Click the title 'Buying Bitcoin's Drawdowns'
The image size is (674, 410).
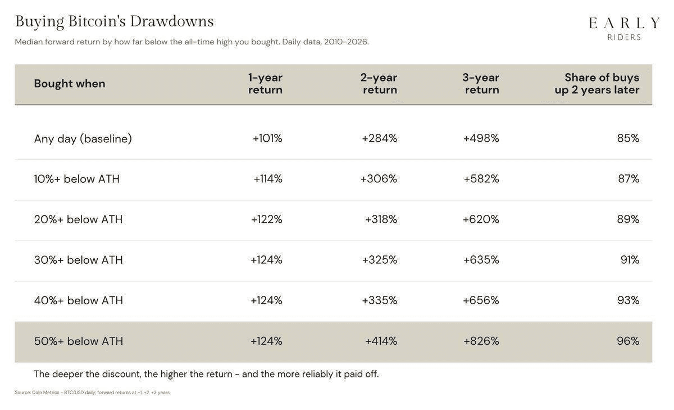(115, 22)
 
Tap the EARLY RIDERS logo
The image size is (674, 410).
(624, 28)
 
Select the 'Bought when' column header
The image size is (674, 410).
(70, 83)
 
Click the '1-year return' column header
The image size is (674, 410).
(265, 83)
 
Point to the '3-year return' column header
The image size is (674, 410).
(481, 83)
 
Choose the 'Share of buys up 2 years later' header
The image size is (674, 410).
(597, 83)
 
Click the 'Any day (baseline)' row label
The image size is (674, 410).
(83, 138)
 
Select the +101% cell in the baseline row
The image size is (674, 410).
(267, 138)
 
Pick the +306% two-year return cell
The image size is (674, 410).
(379, 179)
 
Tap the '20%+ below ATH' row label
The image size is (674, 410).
(78, 219)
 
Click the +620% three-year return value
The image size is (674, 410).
(481, 219)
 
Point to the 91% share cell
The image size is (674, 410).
(630, 260)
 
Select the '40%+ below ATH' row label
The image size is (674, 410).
(79, 300)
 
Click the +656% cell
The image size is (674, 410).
(481, 300)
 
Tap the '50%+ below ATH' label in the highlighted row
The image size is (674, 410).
(79, 341)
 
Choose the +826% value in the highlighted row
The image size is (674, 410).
(481, 341)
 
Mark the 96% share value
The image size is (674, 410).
(628, 341)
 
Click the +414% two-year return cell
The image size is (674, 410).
(381, 341)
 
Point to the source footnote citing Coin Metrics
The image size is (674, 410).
(92, 393)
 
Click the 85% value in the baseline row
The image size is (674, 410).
(629, 138)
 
